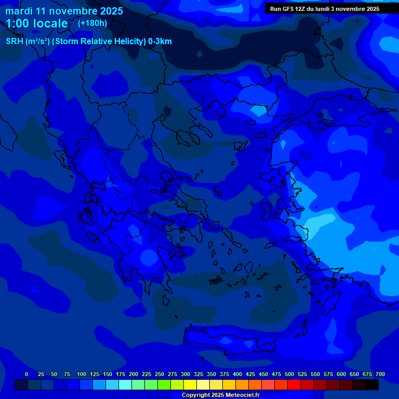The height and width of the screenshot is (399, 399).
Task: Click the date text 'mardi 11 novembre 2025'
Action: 64,11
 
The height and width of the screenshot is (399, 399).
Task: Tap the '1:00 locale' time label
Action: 37,23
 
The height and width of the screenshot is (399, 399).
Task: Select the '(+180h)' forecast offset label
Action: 92,23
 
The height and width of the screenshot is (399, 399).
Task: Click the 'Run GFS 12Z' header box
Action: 325,9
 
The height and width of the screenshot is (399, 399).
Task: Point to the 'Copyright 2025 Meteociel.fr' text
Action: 220,395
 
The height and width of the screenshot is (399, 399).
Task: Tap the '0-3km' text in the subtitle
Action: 159,42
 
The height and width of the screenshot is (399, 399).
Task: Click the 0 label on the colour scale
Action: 26,374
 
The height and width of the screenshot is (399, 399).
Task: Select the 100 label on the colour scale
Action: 82,374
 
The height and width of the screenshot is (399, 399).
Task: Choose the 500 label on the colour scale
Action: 289,374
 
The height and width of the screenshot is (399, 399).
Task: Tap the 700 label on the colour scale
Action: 380,374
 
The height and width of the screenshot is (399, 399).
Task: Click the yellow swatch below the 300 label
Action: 190,385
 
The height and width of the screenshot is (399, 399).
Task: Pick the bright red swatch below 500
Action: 294,385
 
